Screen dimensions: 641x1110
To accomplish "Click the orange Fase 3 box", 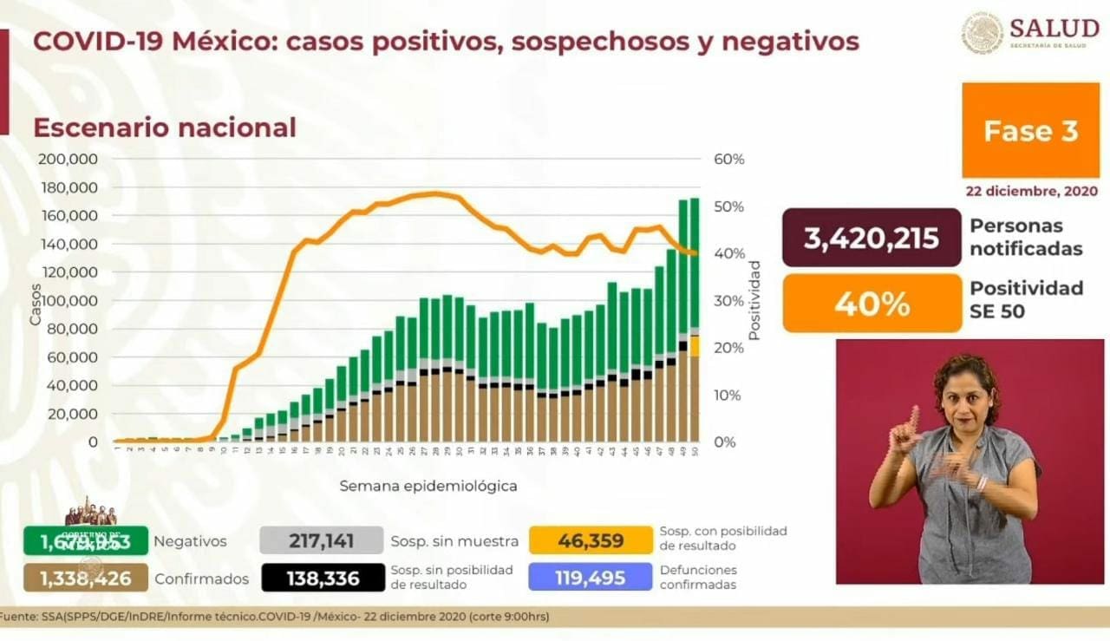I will (x=1030, y=130).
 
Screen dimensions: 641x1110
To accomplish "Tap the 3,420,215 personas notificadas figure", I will (x=872, y=237).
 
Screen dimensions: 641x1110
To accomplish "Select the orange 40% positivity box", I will (x=872, y=304).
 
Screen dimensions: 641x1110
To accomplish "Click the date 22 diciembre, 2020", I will (x=1032, y=191).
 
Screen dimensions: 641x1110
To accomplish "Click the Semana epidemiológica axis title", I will (x=428, y=486).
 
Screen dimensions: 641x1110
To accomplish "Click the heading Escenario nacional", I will (x=165, y=128).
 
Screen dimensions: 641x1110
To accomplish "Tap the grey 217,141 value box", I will (x=321, y=540).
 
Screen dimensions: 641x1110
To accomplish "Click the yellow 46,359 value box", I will (x=590, y=540).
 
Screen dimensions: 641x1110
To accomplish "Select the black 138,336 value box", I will (x=323, y=578).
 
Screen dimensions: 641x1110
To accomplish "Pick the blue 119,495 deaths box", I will (x=590, y=578).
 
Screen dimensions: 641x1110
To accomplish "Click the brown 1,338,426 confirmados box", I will (x=85, y=578).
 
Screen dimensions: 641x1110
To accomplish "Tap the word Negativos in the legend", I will (x=190, y=541).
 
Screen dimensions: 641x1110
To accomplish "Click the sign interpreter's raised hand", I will (x=906, y=429).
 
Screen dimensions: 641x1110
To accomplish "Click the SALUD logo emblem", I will (x=982, y=33).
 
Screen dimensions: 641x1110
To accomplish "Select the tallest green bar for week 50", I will (x=695, y=260).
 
